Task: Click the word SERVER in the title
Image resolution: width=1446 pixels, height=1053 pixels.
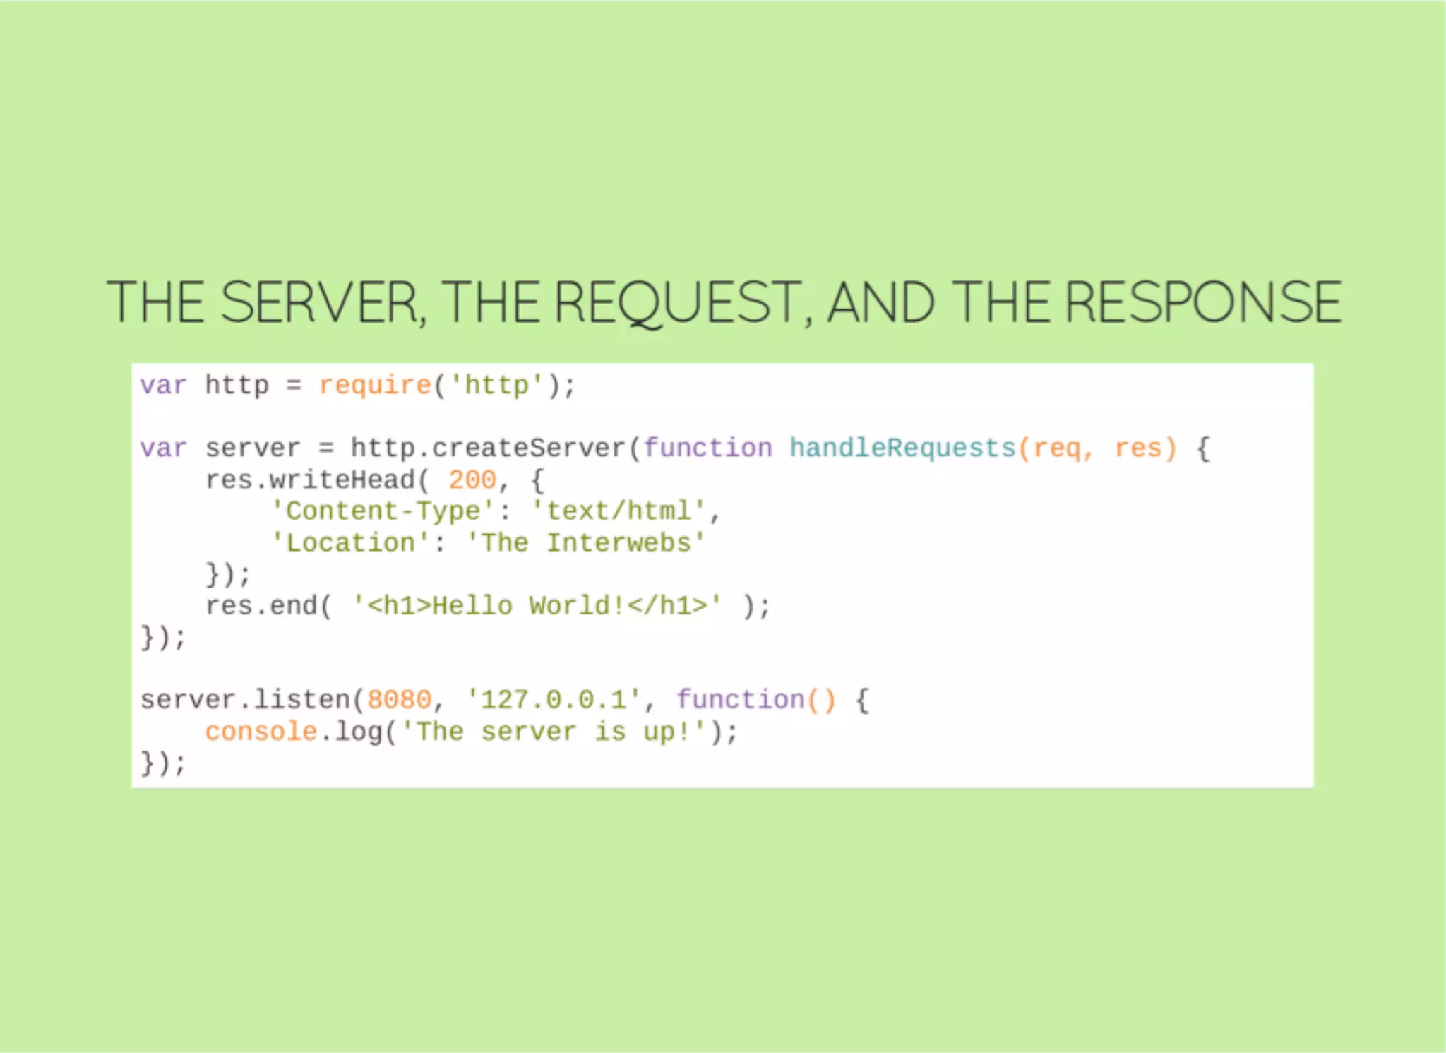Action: click(x=322, y=302)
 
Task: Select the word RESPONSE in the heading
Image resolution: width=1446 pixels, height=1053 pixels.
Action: click(x=1203, y=302)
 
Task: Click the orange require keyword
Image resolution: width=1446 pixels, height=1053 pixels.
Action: click(x=375, y=386)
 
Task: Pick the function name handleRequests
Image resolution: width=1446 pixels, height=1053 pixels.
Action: click(x=902, y=448)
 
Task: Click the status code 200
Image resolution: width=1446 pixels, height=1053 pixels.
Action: click(x=472, y=480)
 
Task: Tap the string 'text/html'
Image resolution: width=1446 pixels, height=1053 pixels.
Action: click(x=619, y=511)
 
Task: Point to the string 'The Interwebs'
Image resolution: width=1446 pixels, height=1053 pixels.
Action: click(x=586, y=543)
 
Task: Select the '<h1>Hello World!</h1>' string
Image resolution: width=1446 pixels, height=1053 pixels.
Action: click(x=537, y=606)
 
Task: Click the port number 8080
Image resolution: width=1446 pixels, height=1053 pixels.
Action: click(x=400, y=700)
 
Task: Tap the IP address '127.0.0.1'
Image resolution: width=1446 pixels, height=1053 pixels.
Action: click(x=554, y=700)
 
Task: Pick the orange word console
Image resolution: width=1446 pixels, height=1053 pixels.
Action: click(x=261, y=732)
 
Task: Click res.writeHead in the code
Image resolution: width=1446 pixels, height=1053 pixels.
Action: click(x=311, y=480)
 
